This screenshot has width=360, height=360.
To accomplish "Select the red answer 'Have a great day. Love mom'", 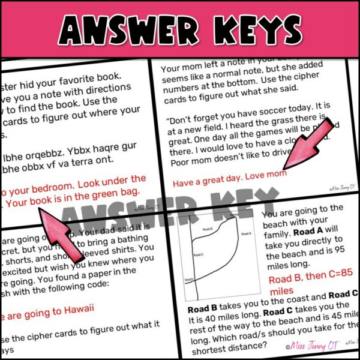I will [x=229, y=174].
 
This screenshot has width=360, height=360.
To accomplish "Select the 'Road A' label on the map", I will [x=245, y=233].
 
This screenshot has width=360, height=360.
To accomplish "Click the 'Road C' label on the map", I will [x=199, y=255].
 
